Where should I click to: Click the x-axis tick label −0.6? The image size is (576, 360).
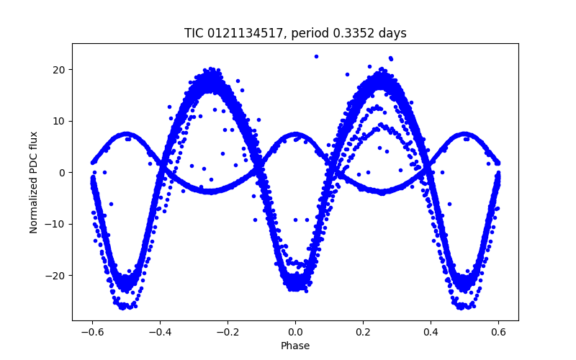tap(92, 333)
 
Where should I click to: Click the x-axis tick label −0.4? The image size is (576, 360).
tap(160, 333)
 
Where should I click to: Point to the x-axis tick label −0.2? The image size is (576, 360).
tap(228, 333)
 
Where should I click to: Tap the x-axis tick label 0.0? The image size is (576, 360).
tap(295, 333)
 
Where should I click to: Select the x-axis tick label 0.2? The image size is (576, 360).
tap(363, 333)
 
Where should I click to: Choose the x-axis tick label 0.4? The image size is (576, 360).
tap(431, 333)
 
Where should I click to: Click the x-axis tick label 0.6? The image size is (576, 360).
tap(498, 333)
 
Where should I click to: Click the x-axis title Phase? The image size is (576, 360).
tap(295, 346)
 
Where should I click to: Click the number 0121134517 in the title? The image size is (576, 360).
tap(239, 33)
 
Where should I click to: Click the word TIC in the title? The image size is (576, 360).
tap(194, 33)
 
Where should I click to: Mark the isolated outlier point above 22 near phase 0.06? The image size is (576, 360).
tap(315, 56)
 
